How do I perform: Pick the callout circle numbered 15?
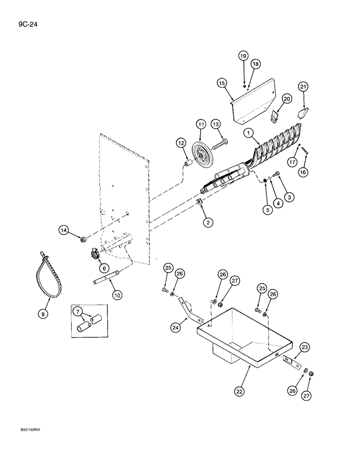222,83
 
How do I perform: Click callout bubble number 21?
304,87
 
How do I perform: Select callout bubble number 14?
64,229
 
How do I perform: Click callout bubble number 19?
243,56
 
